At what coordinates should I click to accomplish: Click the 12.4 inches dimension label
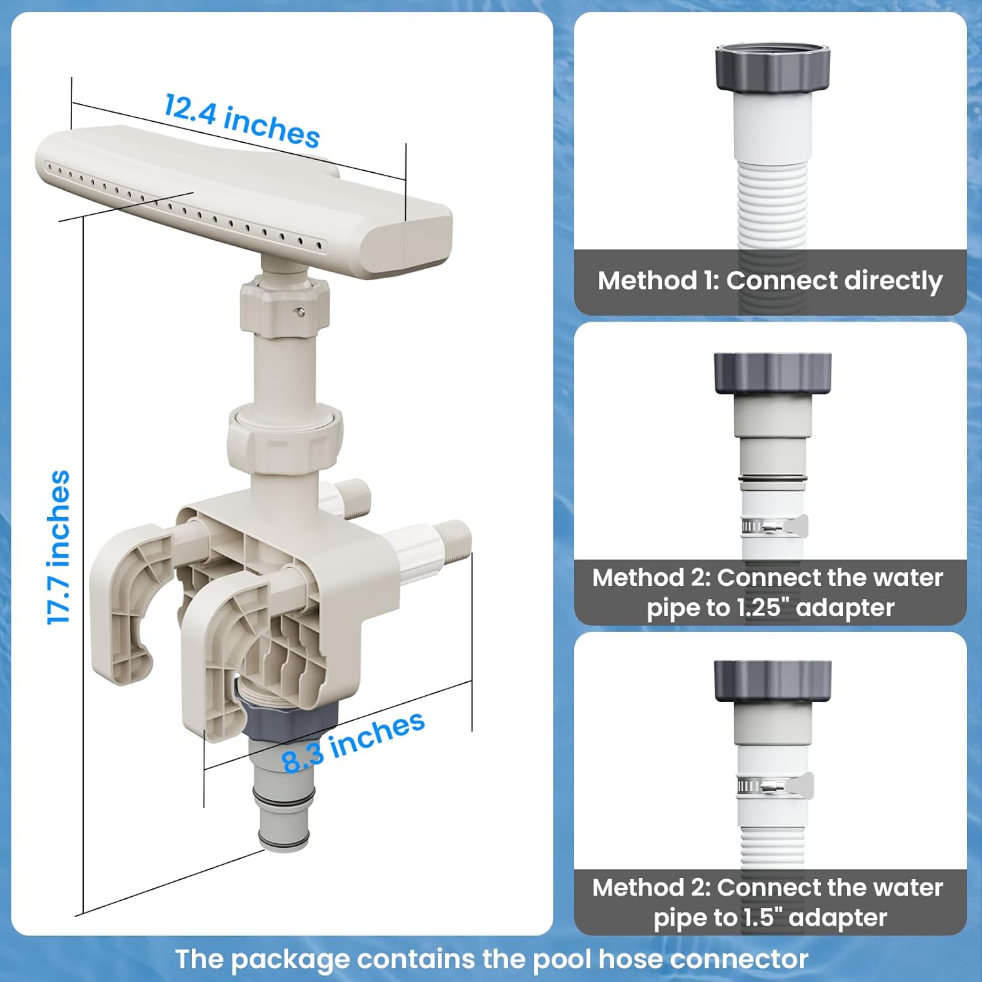242,120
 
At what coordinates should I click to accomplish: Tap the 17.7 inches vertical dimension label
59,547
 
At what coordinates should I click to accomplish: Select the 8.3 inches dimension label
354,742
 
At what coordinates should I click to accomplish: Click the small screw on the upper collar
300,312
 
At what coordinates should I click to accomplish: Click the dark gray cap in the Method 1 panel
773,67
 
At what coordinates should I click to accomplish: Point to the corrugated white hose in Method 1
772,203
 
